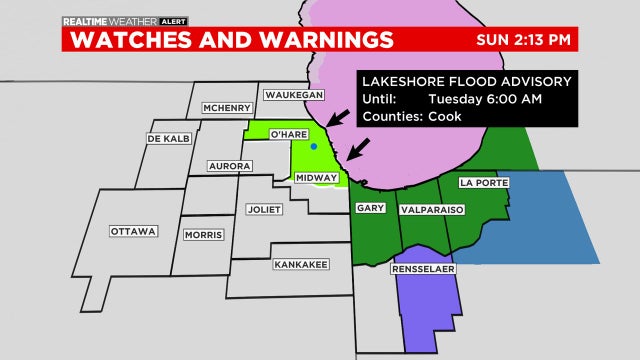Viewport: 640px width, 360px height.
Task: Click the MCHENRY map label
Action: [x=226, y=108]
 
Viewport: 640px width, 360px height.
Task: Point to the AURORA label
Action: [x=229, y=165]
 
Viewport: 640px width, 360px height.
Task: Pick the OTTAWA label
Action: [x=134, y=232]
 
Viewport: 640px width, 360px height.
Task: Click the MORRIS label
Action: [x=204, y=235]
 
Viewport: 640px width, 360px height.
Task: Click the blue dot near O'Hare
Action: [x=314, y=147]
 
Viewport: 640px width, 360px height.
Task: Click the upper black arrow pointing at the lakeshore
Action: [x=341, y=118]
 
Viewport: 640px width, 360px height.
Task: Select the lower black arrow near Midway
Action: [x=358, y=150]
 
